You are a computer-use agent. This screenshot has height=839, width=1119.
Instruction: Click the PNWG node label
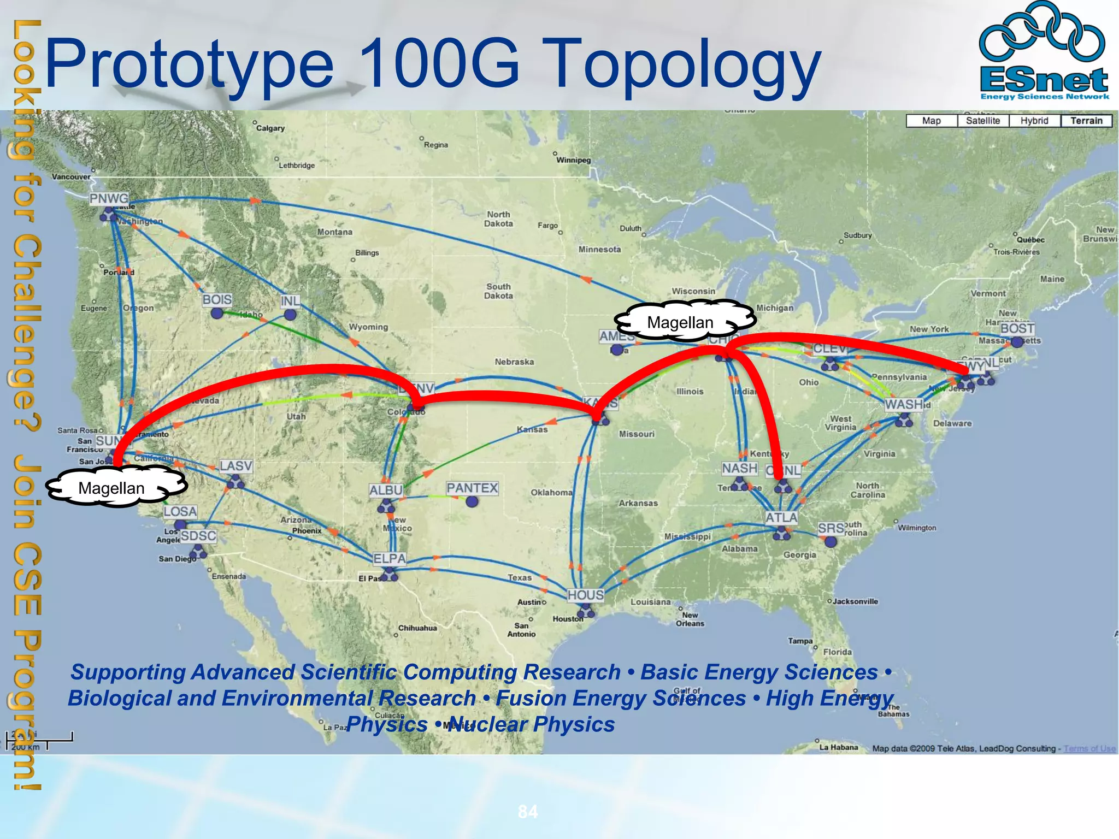(109, 198)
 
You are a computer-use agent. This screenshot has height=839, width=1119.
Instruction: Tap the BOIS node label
(217, 299)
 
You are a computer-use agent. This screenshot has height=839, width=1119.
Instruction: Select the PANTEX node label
(472, 488)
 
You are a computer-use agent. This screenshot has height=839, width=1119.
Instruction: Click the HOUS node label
(585, 595)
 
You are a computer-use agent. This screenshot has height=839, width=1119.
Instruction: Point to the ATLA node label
(781, 517)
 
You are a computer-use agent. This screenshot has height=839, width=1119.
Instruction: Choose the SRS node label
(831, 528)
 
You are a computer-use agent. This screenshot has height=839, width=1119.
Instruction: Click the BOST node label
(1017, 328)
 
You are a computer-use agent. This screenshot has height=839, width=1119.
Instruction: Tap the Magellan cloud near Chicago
(680, 322)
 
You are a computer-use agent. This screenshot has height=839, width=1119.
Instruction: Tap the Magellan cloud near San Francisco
(112, 488)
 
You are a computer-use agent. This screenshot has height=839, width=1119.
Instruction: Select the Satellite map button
(982, 121)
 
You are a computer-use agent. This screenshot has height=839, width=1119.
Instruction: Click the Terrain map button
(1086, 121)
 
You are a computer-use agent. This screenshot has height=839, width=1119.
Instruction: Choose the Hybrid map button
(1034, 121)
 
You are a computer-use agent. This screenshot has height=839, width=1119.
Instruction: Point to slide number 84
(528, 812)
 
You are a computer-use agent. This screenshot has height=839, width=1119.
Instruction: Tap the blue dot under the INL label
(290, 315)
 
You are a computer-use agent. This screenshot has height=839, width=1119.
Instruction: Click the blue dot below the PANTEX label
(472, 501)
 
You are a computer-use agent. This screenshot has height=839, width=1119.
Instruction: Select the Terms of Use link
(1089, 748)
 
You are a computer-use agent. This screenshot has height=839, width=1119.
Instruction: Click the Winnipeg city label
(573, 160)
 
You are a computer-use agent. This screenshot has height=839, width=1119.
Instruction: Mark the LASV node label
(235, 466)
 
